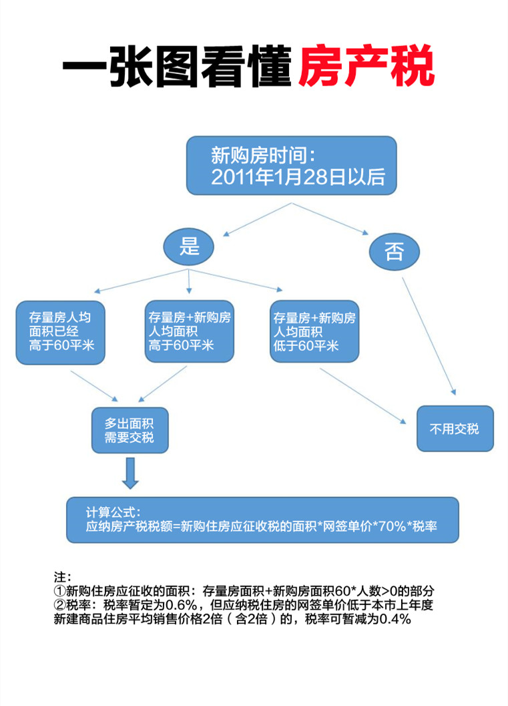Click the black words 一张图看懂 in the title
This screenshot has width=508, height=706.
click(x=178, y=66)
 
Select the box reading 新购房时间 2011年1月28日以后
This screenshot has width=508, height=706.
click(x=292, y=166)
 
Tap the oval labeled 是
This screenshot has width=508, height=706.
click(x=188, y=246)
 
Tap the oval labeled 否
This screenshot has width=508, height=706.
click(x=394, y=251)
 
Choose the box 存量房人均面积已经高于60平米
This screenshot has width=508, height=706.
click(x=60, y=332)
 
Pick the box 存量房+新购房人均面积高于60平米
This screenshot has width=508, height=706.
click(x=190, y=331)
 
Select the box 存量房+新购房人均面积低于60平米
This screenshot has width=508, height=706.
click(x=314, y=331)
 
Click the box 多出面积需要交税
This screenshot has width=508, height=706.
click(x=130, y=430)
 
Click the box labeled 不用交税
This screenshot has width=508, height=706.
click(x=455, y=429)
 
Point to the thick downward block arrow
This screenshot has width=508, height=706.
click(x=130, y=473)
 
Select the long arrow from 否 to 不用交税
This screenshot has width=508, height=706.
click(x=429, y=336)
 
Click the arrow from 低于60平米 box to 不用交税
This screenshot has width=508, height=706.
click(x=362, y=396)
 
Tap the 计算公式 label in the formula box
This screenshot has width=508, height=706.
click(x=113, y=512)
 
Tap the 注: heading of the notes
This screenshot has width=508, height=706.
click(x=62, y=577)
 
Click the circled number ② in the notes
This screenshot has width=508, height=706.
click(x=60, y=604)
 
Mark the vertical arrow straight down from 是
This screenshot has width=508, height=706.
click(x=189, y=281)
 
